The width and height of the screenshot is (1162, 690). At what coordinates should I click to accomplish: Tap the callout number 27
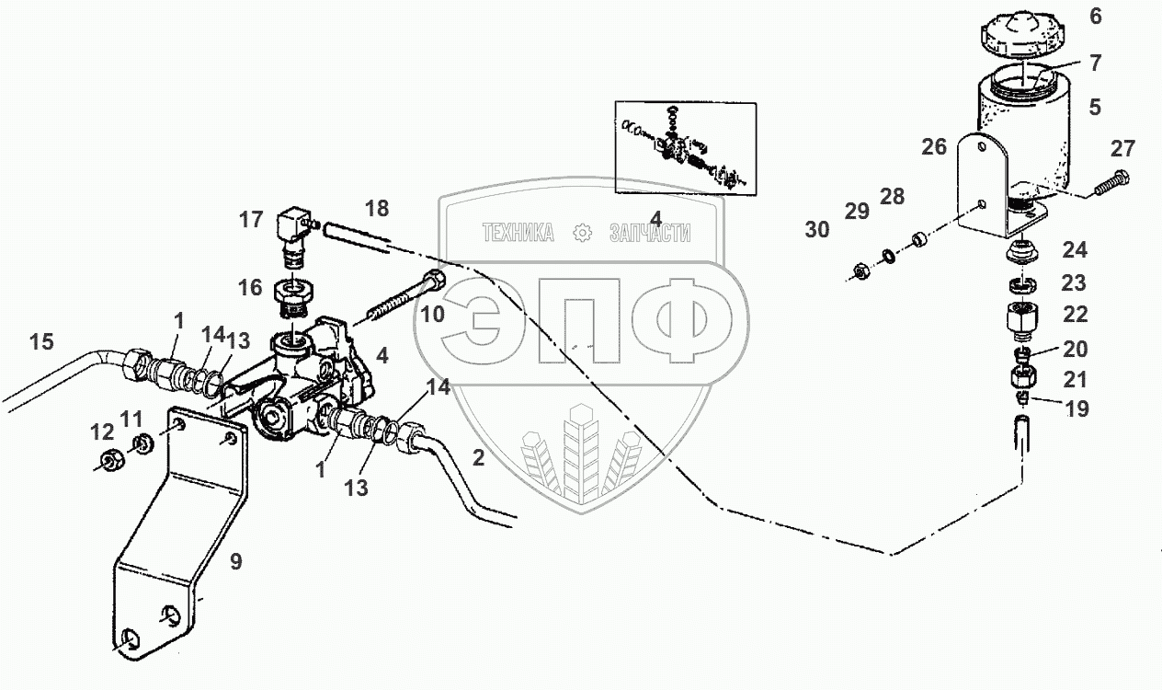1122,149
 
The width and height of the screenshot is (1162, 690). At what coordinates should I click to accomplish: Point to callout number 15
41,342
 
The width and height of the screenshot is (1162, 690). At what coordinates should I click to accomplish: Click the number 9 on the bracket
236,562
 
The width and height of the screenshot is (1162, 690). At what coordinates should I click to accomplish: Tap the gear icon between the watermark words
582,234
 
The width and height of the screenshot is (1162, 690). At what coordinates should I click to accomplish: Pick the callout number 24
1076,249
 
